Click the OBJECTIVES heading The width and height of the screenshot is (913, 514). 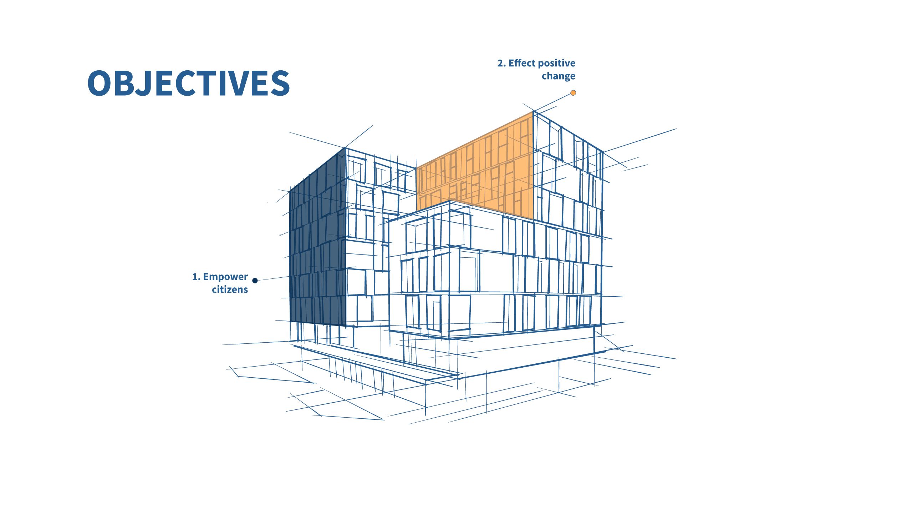click(x=188, y=83)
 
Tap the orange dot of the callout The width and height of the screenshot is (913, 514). click(x=573, y=93)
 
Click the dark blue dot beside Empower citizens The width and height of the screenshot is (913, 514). click(x=255, y=281)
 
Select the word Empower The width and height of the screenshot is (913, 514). click(x=225, y=277)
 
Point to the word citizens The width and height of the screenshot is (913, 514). click(x=230, y=289)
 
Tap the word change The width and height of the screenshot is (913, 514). click(x=558, y=76)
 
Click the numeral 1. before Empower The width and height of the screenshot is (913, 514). click(x=197, y=277)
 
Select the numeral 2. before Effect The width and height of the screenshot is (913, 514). click(x=501, y=64)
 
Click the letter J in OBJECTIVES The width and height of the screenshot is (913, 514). click(x=146, y=83)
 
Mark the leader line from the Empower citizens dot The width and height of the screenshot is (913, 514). click(x=274, y=278)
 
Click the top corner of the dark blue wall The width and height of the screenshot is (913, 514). click(x=345, y=148)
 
